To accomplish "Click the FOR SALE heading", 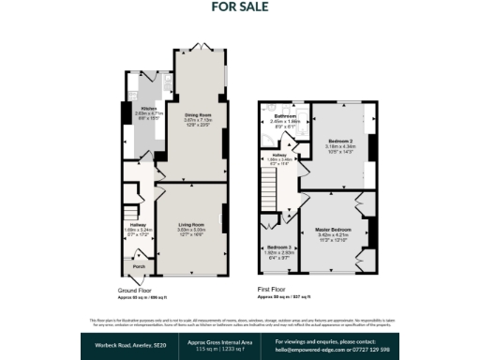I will click(x=240, y=7).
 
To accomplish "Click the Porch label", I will click(x=138, y=266).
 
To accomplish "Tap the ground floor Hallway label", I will click(x=137, y=224).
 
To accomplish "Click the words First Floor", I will click(x=277, y=290).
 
